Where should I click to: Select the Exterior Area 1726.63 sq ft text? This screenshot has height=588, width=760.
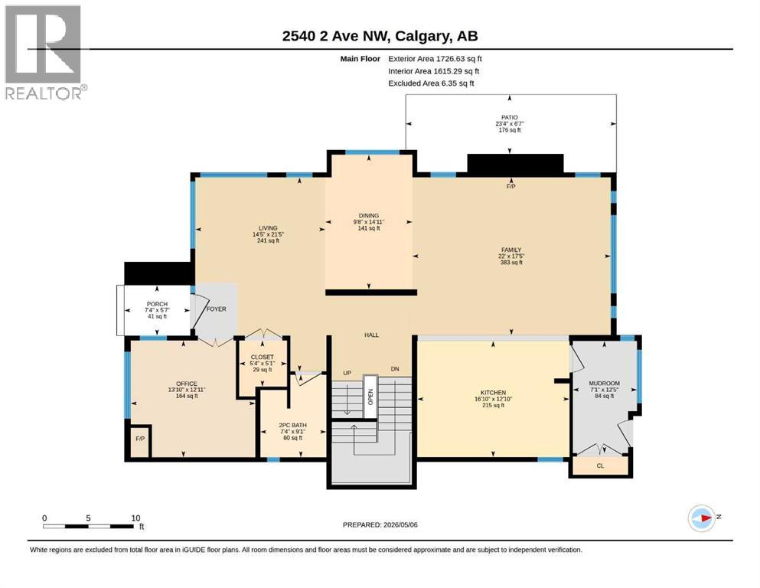[435, 59]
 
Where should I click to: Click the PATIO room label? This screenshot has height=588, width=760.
[510, 117]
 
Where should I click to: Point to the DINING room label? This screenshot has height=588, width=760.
[369, 216]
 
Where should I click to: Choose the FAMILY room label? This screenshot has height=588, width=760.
[511, 250]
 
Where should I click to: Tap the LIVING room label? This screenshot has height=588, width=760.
[268, 228]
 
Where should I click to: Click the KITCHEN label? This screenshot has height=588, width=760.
[494, 393]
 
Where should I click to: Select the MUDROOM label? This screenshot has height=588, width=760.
[605, 383]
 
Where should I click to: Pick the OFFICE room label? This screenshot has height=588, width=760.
[187, 384]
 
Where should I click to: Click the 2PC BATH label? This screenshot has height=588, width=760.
[293, 425]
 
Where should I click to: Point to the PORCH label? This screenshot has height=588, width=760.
[157, 304]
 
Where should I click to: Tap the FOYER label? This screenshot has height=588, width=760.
[216, 309]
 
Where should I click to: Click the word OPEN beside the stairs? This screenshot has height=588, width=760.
[370, 397]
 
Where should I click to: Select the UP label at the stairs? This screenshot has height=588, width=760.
[347, 373]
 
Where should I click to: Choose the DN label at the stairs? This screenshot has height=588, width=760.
[395, 369]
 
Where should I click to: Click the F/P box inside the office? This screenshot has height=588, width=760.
[140, 441]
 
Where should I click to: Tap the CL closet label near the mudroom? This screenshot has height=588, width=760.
[601, 465]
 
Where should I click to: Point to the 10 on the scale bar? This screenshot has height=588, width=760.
[135, 518]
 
